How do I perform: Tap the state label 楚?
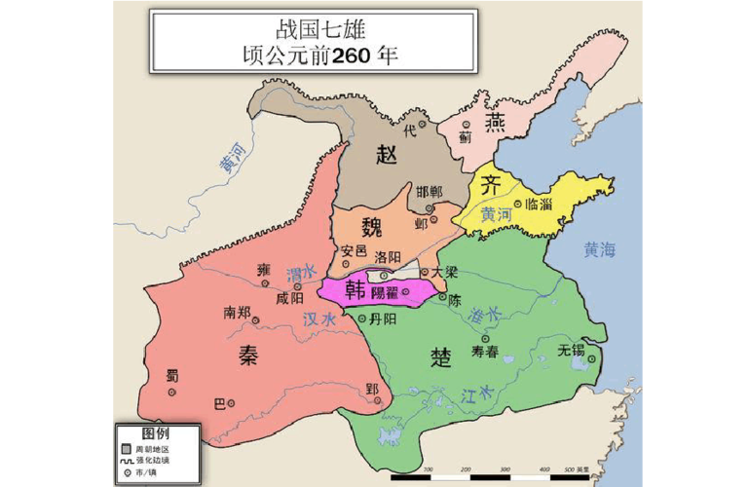439,356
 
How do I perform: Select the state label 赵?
387,155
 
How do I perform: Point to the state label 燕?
496,125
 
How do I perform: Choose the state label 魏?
372,229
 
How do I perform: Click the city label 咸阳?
289,298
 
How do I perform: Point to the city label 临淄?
538,205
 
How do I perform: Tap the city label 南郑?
238,313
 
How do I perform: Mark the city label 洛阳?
388,256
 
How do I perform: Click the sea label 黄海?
601,250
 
